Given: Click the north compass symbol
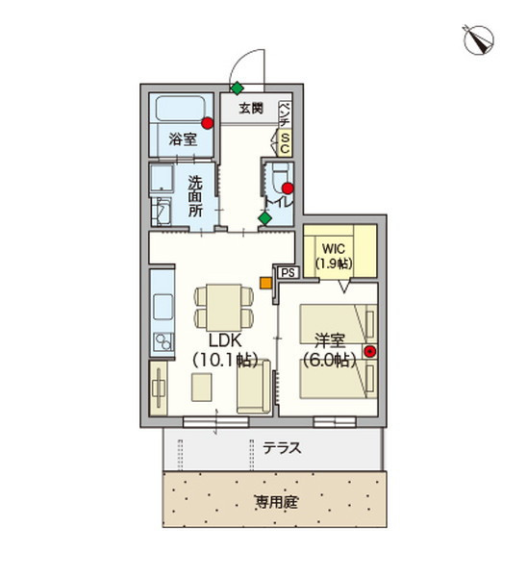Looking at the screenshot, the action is click(x=478, y=39).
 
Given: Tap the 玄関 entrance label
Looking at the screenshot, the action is click(x=251, y=108).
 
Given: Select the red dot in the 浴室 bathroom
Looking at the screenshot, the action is click(x=208, y=123).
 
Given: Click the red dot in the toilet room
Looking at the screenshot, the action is click(x=288, y=188).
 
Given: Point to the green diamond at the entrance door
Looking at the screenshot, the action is click(x=238, y=88).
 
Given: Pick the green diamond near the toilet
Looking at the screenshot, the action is click(x=264, y=218).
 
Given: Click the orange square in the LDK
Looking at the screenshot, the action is click(x=265, y=283).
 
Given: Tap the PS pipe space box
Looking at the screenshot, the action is click(x=289, y=273).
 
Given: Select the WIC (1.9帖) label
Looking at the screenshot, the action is click(x=334, y=256).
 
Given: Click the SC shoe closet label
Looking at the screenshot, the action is click(x=285, y=143).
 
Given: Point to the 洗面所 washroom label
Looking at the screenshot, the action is click(x=195, y=196).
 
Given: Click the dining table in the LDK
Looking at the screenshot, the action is click(x=224, y=308).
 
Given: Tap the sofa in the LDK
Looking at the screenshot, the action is click(x=254, y=387).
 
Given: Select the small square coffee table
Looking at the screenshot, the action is click(x=202, y=388).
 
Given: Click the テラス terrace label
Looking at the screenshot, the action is click(x=282, y=448).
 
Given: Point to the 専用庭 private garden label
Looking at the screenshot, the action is click(x=277, y=502).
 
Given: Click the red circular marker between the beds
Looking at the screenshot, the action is click(x=370, y=352).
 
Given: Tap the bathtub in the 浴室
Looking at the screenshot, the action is click(x=181, y=108).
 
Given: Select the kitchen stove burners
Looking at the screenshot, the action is click(x=163, y=341).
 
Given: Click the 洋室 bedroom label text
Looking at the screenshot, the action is click(x=330, y=340).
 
